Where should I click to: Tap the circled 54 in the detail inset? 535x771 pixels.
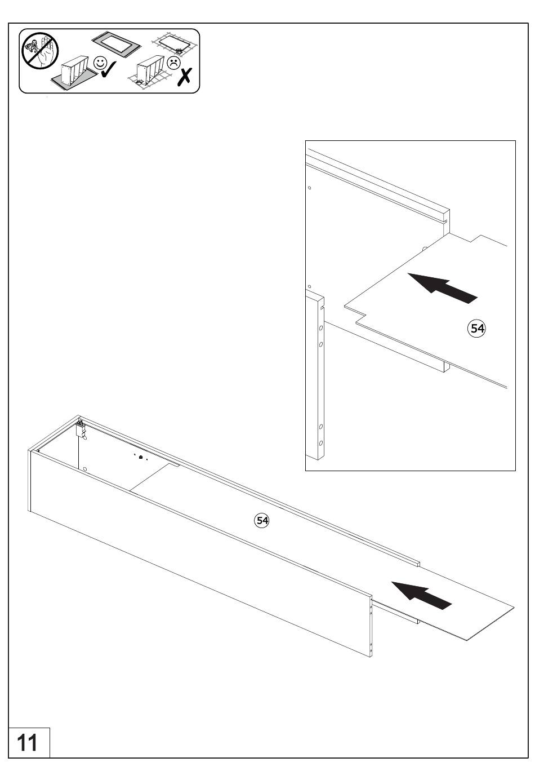tap(476, 329)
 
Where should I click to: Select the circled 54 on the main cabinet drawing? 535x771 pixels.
tap(262, 520)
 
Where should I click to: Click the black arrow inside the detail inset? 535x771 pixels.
tap(442, 288)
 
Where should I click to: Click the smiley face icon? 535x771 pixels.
tap(100, 63)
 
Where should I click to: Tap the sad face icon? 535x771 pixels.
tap(173, 63)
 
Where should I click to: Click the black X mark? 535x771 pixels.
tap(185, 77)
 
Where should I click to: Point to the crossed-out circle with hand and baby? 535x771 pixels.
tap(40, 51)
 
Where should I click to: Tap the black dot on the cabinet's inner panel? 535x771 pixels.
tap(140, 457)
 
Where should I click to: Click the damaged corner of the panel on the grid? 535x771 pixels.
tap(179, 51)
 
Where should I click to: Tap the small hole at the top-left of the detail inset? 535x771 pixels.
tap(309, 188)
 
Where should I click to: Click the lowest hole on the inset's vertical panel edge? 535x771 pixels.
tap(320, 442)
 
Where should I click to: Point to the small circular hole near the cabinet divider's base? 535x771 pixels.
tap(85, 469)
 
